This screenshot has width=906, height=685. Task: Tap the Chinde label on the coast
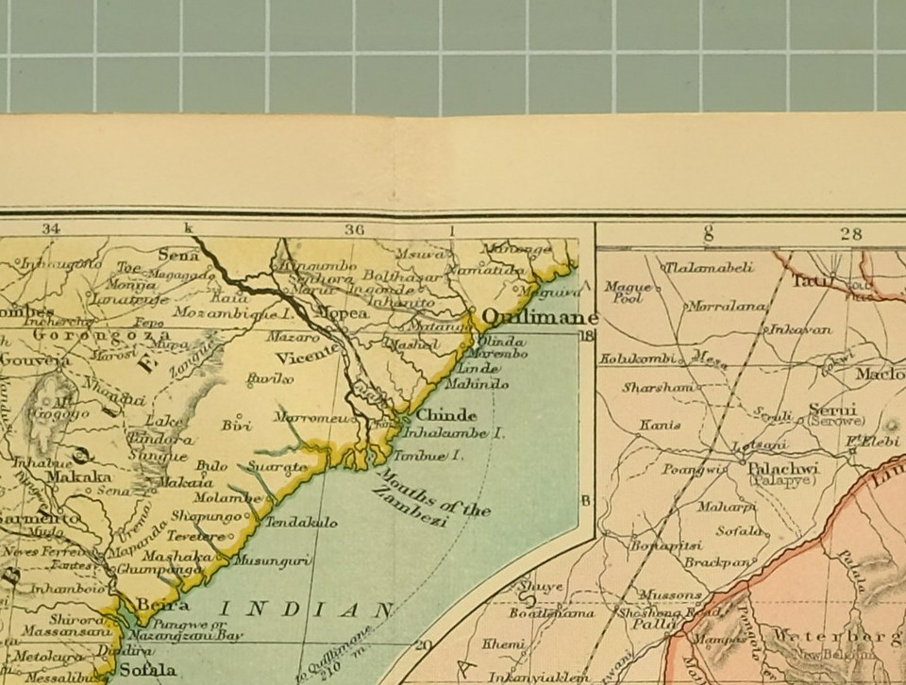pyautogui.click(x=446, y=415)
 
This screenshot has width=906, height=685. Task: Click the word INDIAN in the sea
pyautogui.click(x=306, y=610)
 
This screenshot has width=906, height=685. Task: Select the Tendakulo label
pyautogui.click(x=301, y=522)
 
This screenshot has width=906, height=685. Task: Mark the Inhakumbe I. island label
pyautogui.click(x=453, y=434)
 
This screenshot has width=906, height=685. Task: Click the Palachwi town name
pyautogui.click(x=783, y=468)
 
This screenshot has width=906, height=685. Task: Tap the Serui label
pyautogui.click(x=831, y=410)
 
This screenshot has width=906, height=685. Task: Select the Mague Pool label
pyautogui.click(x=623, y=292)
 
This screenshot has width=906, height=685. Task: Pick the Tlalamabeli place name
pyautogui.click(x=711, y=267)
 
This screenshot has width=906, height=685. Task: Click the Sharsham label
pyautogui.click(x=657, y=388)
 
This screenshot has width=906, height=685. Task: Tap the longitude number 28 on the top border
pyautogui.click(x=850, y=233)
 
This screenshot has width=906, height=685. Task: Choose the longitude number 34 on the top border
pyautogui.click(x=50, y=228)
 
